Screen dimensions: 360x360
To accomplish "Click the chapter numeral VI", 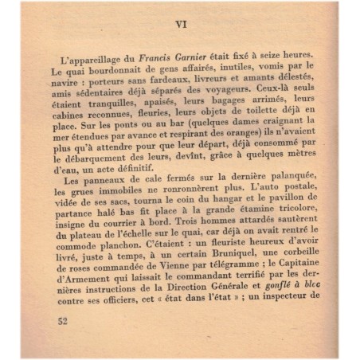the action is [x=180, y=23].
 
